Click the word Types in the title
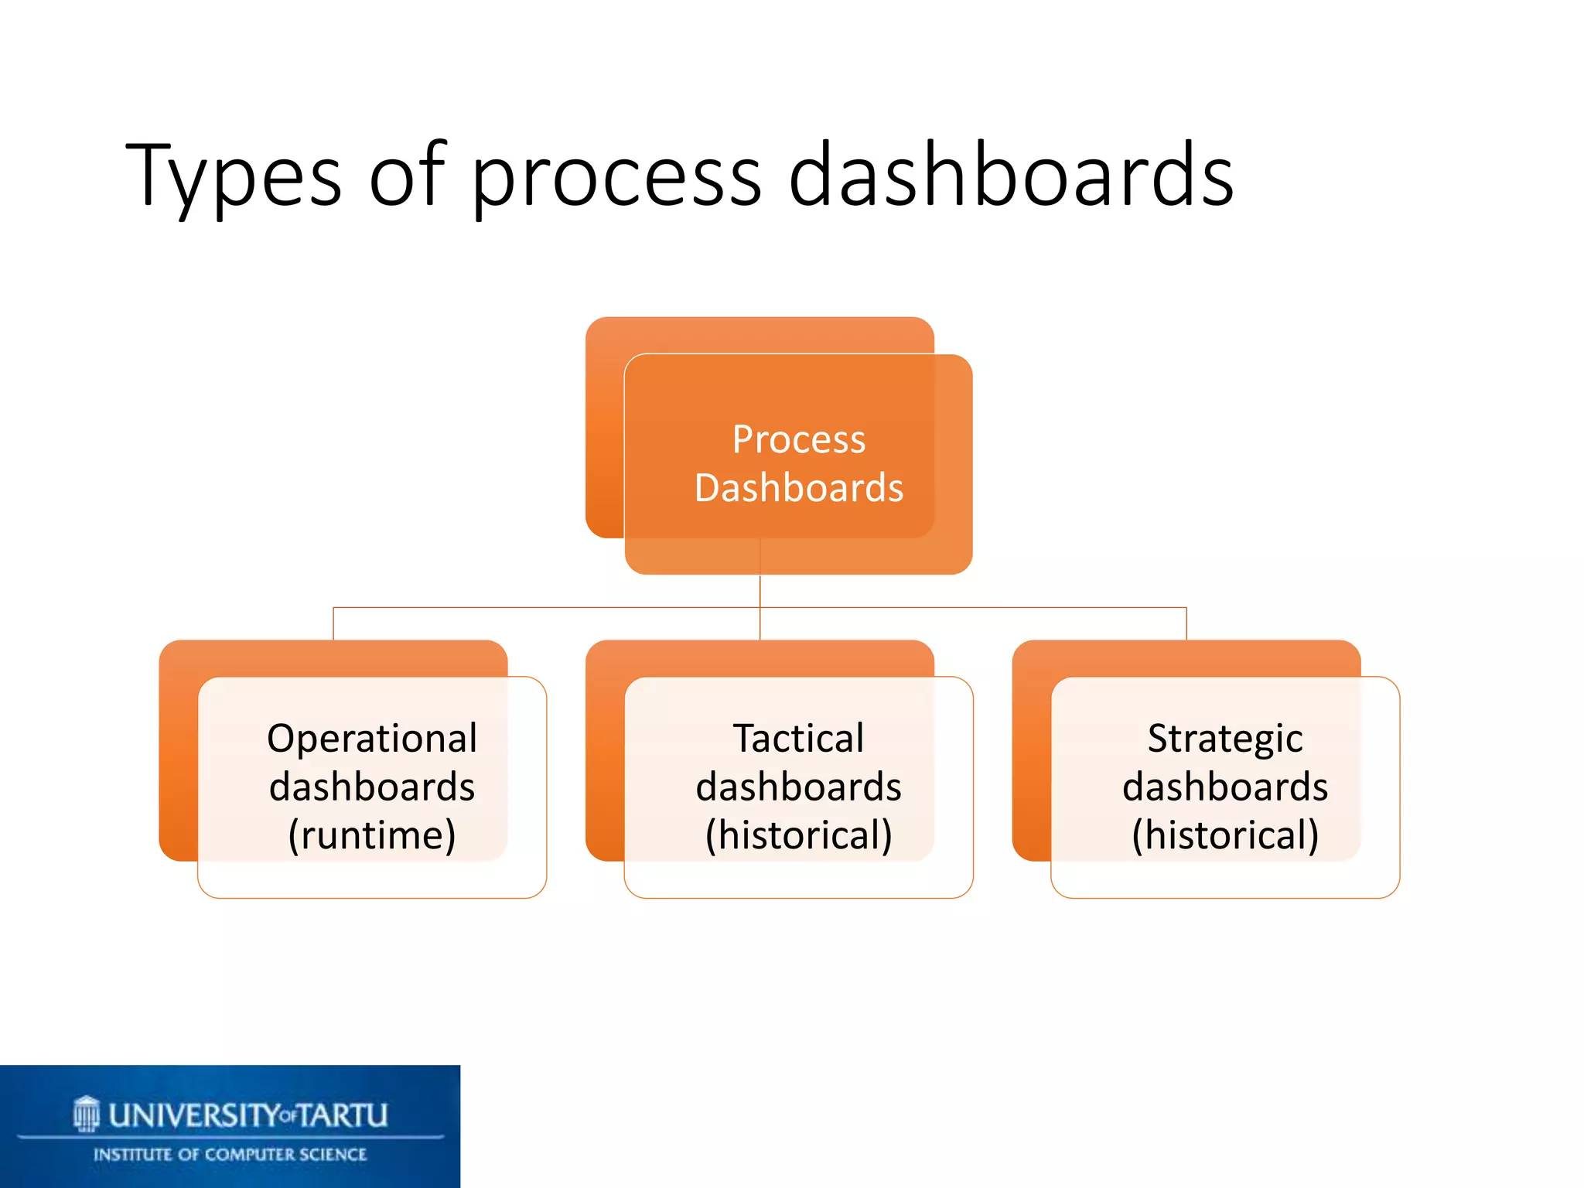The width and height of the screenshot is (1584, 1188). tap(232, 176)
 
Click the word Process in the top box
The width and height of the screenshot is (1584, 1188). tap(798, 439)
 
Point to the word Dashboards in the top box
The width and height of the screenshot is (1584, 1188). tap(798, 488)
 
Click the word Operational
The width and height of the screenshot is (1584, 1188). tap(372, 738)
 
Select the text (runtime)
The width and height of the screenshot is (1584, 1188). tap(372, 835)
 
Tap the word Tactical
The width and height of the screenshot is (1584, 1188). tap(798, 738)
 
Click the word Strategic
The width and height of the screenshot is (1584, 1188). tap(1224, 738)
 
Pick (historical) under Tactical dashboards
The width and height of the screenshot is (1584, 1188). tap(798, 835)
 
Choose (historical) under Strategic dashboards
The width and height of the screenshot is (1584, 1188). tap(1224, 835)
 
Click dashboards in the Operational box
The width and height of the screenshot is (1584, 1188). tap(372, 787)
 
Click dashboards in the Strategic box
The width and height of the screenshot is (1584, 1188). tap(1224, 787)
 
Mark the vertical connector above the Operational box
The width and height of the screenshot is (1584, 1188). tap(333, 623)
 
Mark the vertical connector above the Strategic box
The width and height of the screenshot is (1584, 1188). tap(1186, 623)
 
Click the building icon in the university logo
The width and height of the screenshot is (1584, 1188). tap(87, 1114)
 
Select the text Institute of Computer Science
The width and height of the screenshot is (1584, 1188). tap(230, 1155)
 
